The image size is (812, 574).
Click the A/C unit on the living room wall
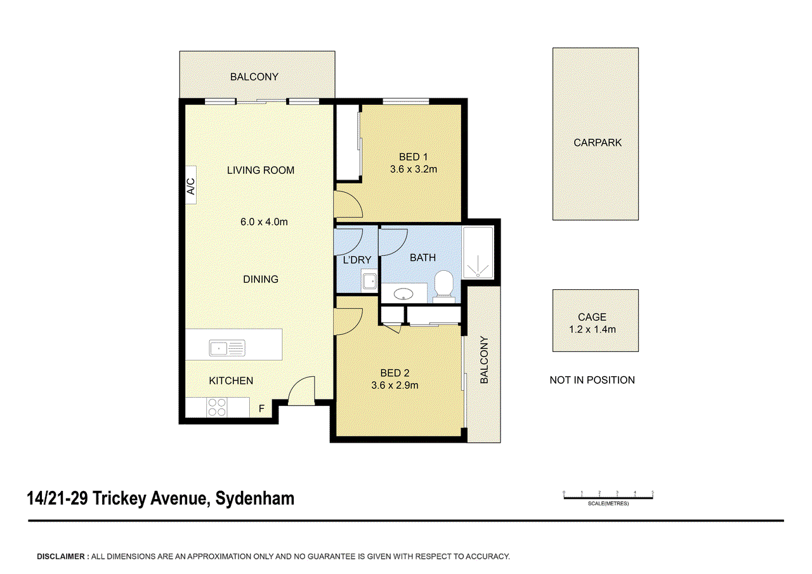pyautogui.click(x=191, y=185)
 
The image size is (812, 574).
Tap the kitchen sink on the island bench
pyautogui.click(x=227, y=348)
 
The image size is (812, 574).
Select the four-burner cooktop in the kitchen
pyautogui.click(x=217, y=407)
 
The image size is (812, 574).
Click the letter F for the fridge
pyautogui.click(x=261, y=408)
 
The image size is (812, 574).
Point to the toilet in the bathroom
pyautogui.click(x=444, y=286)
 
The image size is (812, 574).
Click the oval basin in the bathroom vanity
pyautogui.click(x=403, y=294)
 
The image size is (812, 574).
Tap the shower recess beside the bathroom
pyautogui.click(x=478, y=252)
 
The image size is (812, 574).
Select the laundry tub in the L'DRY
pyautogui.click(x=369, y=281)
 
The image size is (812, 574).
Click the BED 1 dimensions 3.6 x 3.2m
pyautogui.click(x=413, y=169)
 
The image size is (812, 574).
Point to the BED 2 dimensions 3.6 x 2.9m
pyautogui.click(x=395, y=385)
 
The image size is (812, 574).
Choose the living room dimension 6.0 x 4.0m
pyautogui.click(x=264, y=222)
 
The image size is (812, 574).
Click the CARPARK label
pyautogui.click(x=598, y=143)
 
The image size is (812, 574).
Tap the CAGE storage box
pyautogui.click(x=595, y=320)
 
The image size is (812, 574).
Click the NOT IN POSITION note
pyautogui.click(x=592, y=380)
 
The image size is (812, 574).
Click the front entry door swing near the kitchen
pyautogui.click(x=301, y=391)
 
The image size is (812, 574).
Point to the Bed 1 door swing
pyautogui.click(x=348, y=205)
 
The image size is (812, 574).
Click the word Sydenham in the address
pyautogui.click(x=255, y=499)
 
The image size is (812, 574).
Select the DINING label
pyautogui.click(x=261, y=280)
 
